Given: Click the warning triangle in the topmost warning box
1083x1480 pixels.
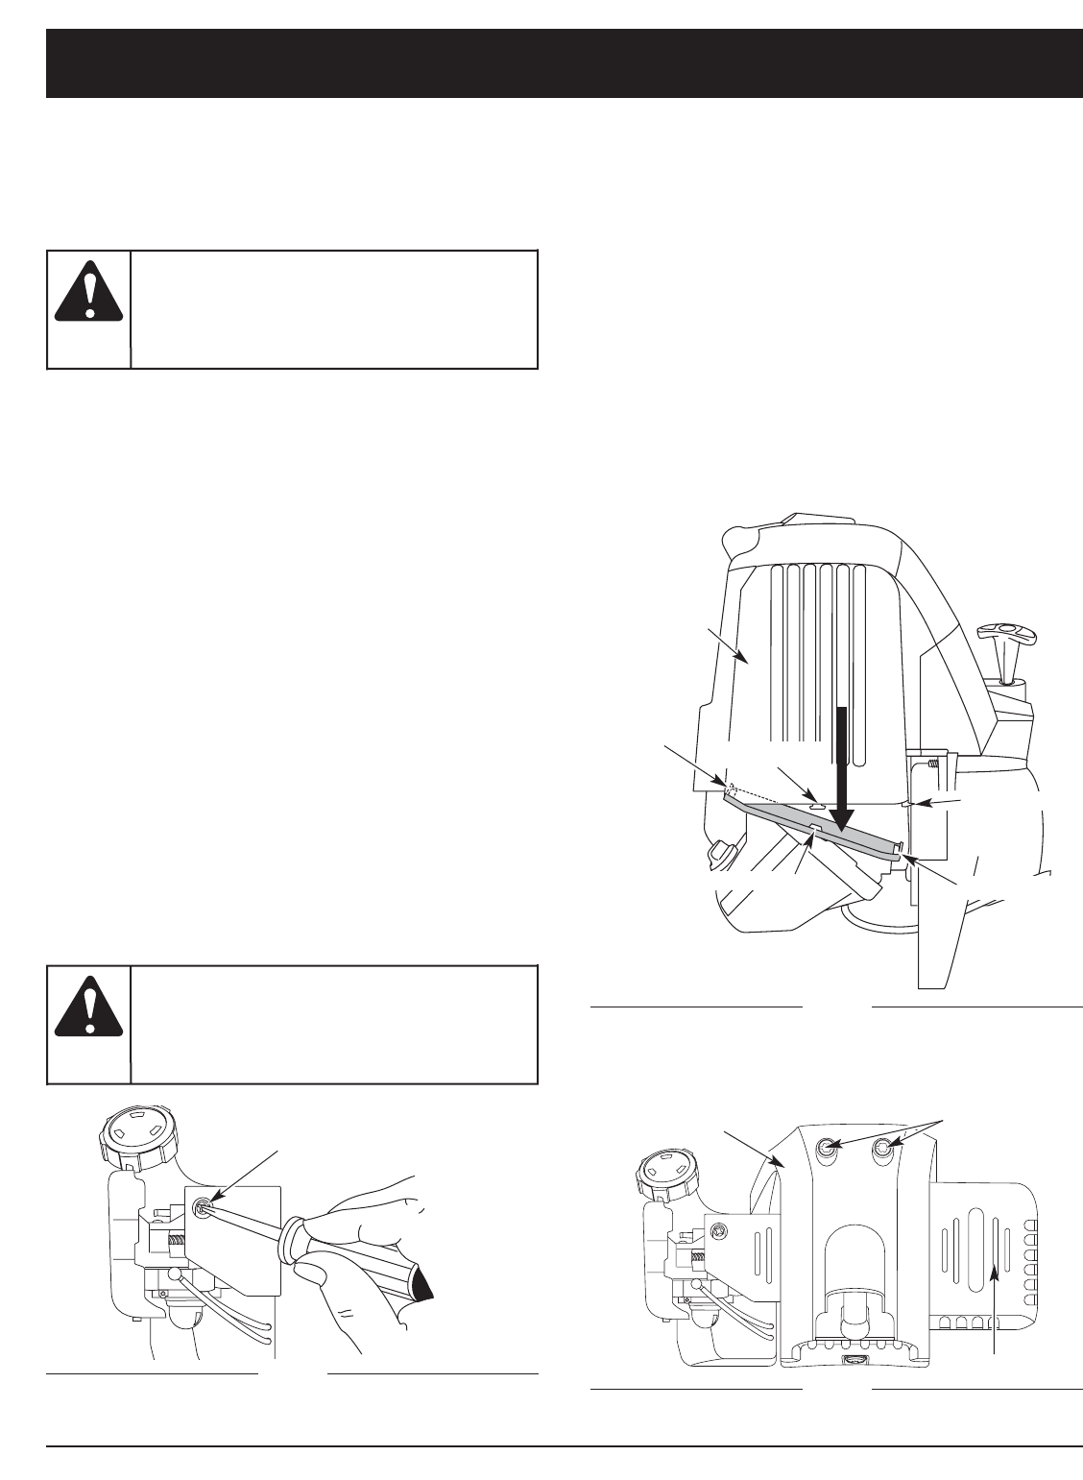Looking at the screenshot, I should pyautogui.click(x=88, y=286).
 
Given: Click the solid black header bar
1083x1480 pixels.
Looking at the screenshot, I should pyautogui.click(x=564, y=63).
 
